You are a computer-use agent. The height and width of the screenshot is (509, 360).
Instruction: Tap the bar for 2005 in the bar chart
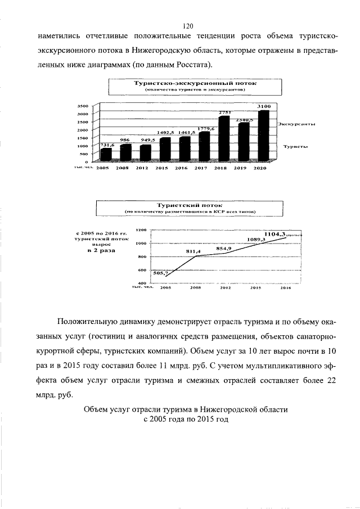point(106,154)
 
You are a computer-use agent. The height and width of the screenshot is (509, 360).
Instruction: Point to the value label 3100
point(264,106)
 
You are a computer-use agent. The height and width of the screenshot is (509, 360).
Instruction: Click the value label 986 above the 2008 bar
point(124,139)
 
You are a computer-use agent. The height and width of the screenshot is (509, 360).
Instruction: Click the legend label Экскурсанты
point(296,124)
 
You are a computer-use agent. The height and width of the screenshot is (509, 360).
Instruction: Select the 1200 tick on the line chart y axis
point(141,229)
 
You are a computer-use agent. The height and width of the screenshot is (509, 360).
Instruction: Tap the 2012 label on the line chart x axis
point(226,287)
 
